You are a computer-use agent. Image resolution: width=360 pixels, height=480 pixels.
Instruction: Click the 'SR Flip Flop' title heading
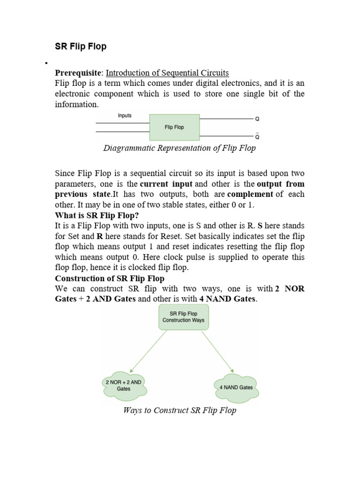click(x=81, y=46)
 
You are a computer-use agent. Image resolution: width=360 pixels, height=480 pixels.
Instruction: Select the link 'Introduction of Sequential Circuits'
click(x=167, y=73)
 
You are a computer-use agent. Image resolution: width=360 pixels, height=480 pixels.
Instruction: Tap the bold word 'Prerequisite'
click(x=78, y=73)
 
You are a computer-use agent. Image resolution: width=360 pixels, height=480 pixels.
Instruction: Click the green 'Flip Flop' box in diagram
click(x=174, y=127)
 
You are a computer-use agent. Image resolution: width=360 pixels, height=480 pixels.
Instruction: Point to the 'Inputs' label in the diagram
click(x=124, y=115)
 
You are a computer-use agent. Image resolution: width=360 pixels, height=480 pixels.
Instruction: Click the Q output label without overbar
click(x=257, y=119)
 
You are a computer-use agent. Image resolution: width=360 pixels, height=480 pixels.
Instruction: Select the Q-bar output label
click(x=257, y=136)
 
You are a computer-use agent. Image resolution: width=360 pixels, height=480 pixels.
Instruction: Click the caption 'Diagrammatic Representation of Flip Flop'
click(x=180, y=149)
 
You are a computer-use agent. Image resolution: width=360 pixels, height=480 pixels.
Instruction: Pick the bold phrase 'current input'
click(x=166, y=184)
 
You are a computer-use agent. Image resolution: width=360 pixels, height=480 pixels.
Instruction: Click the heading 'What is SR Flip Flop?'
click(x=97, y=215)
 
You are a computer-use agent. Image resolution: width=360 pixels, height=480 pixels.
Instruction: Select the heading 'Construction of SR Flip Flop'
click(x=110, y=278)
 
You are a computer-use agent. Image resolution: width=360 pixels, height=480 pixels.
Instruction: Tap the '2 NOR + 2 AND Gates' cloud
click(x=123, y=385)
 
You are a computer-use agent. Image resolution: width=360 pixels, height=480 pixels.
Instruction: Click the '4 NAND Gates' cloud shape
click(x=236, y=387)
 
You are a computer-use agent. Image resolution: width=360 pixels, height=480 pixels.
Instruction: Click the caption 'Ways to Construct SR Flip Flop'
click(x=180, y=411)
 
